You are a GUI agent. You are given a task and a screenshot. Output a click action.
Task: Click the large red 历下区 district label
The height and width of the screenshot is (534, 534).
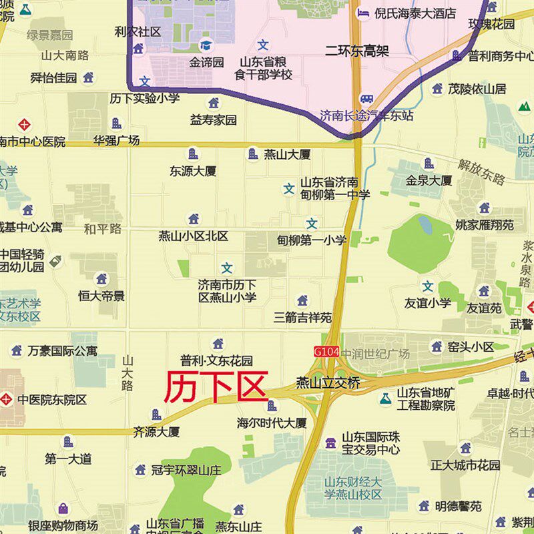click(216, 387)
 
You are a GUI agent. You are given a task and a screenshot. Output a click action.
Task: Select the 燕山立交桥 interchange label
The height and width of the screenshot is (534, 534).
click(328, 383)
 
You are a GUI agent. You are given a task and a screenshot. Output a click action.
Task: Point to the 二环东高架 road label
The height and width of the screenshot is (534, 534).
click(357, 50)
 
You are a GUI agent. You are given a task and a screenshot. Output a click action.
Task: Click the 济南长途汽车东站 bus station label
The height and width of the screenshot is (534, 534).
click(366, 115)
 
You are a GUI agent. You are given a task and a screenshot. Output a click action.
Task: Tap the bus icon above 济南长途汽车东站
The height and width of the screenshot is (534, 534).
click(365, 99)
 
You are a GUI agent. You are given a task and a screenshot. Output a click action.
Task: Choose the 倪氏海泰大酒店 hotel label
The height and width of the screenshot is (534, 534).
click(415, 13)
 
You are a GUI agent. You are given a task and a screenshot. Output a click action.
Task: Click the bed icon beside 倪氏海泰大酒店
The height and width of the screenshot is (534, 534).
click(364, 13)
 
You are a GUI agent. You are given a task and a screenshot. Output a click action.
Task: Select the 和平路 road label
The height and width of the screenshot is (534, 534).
click(103, 229)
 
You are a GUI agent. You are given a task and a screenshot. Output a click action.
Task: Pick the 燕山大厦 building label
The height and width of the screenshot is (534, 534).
click(287, 155)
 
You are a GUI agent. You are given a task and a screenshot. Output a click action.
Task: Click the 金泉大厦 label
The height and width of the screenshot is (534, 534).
click(429, 180)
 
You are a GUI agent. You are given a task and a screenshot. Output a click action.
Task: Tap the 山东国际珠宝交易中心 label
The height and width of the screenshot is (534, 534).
click(371, 443)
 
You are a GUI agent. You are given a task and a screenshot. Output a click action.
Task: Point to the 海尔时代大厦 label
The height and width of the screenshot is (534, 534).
click(272, 423)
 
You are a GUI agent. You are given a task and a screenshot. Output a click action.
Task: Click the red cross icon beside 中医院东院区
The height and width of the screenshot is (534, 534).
click(7, 400)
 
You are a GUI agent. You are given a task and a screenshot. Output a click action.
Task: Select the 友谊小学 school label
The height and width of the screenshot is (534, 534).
click(428, 303)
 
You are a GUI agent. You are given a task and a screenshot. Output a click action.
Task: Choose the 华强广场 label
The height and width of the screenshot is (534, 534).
click(116, 141)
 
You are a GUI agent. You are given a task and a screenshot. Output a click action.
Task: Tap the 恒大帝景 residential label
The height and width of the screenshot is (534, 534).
click(101, 296)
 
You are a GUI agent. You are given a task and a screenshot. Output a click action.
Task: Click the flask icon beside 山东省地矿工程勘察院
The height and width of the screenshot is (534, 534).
click(385, 398)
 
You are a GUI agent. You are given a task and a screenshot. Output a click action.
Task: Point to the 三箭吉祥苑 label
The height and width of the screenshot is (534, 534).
click(302, 318)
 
